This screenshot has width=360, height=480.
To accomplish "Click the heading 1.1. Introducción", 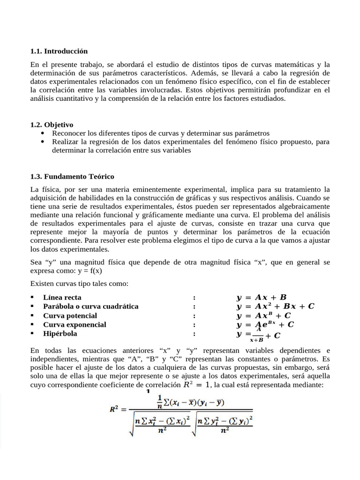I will [59, 51].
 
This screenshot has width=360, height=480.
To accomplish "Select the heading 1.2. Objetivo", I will [52, 125].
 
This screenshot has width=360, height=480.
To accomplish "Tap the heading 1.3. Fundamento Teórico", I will [72, 177].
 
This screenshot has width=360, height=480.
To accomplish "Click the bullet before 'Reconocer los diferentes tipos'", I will [43, 134].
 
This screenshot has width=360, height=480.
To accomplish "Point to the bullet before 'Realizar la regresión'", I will [43, 142].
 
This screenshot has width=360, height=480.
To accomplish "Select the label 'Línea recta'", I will [62, 297].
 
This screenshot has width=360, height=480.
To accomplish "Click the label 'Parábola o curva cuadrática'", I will [90, 306].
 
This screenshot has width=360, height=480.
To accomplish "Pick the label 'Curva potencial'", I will [70, 315].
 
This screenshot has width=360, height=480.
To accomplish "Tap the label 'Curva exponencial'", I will [75, 324].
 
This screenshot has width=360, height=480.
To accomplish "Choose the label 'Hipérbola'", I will [60, 334].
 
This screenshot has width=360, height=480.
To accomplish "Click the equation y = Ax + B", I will [261, 297].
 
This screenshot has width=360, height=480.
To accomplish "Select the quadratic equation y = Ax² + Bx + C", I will [275, 307].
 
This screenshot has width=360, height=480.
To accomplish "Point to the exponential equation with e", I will [265, 324].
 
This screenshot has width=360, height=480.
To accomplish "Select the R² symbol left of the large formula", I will [116, 409].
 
